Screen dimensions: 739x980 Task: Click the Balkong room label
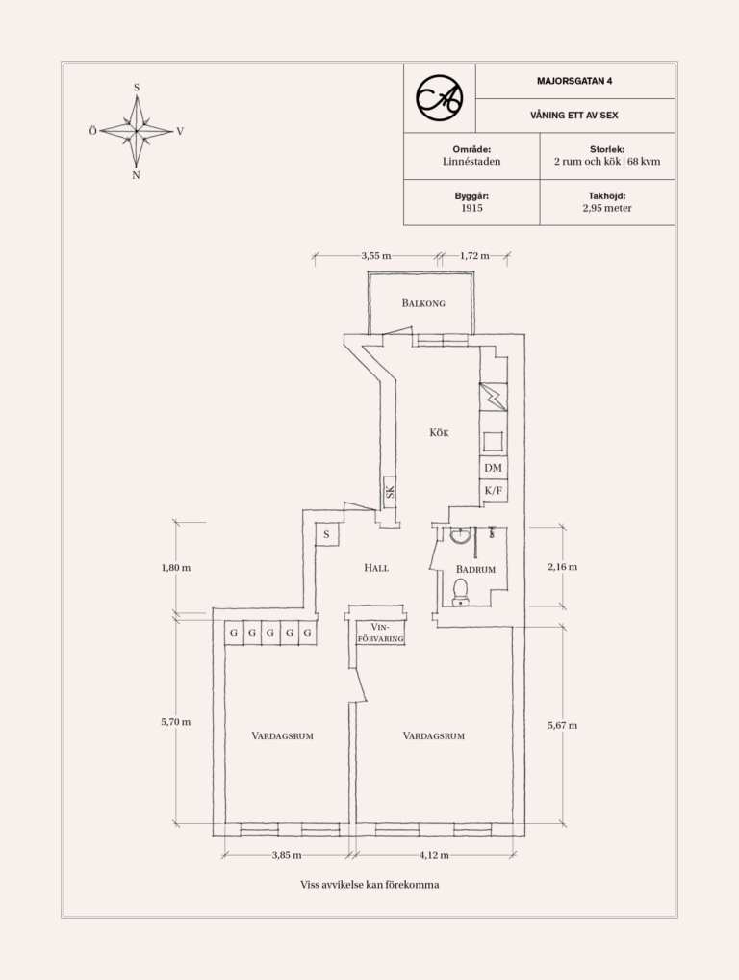[x=423, y=303]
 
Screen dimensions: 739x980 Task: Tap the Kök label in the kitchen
[x=439, y=432]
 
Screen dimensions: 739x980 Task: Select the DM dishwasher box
[x=493, y=468]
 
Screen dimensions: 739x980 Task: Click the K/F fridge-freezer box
[x=493, y=491]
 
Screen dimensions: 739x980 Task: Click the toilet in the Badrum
[x=460, y=592]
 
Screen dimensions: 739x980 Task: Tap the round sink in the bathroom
[x=460, y=535]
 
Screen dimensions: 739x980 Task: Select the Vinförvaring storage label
[x=380, y=632]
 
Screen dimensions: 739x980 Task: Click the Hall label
[x=376, y=568]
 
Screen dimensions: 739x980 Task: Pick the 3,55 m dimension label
[x=376, y=256]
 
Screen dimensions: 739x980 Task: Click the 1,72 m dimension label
[x=474, y=256]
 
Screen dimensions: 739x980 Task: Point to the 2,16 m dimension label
[x=562, y=567]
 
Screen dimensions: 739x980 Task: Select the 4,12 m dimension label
[x=434, y=855]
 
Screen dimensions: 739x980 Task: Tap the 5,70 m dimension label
[x=175, y=722]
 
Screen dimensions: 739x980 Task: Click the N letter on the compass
[x=136, y=175]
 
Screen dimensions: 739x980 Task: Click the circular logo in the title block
[x=440, y=98]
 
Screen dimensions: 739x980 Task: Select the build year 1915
[x=471, y=208]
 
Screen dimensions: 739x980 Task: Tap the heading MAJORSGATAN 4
[x=574, y=81]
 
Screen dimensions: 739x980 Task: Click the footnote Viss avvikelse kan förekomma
[x=369, y=885]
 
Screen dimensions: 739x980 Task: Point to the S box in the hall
[x=326, y=535]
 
